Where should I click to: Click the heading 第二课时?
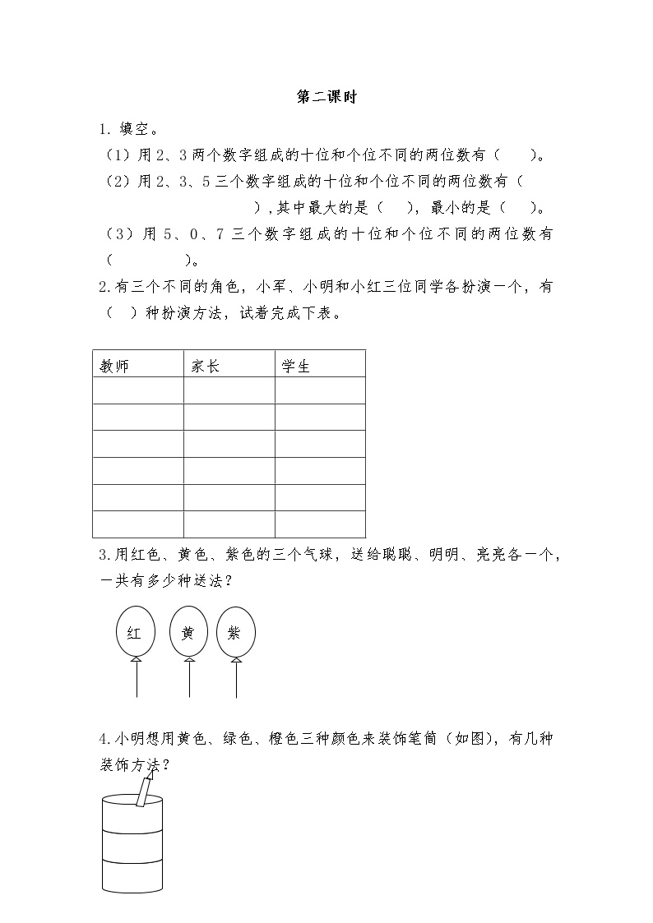pyautogui.click(x=326, y=97)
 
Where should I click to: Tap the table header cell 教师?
pyautogui.click(x=114, y=367)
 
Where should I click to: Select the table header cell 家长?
pyautogui.click(x=206, y=367)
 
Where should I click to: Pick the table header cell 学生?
pyautogui.click(x=296, y=367)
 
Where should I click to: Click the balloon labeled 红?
pyautogui.click(x=135, y=633)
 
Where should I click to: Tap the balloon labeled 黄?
pyautogui.click(x=188, y=633)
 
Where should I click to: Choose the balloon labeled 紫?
pyautogui.click(x=236, y=633)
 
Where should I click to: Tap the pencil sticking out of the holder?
pyautogui.click(x=146, y=791)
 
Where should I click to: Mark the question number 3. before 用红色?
pyautogui.click(x=103, y=555)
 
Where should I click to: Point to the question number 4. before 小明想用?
pyautogui.click(x=103, y=740)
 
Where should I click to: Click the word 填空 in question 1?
pyautogui.click(x=139, y=129)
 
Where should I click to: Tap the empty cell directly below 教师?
pyautogui.click(x=138, y=390)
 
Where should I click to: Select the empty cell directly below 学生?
pyautogui.click(x=320, y=390)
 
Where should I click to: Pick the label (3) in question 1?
pyautogui.click(x=119, y=234)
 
